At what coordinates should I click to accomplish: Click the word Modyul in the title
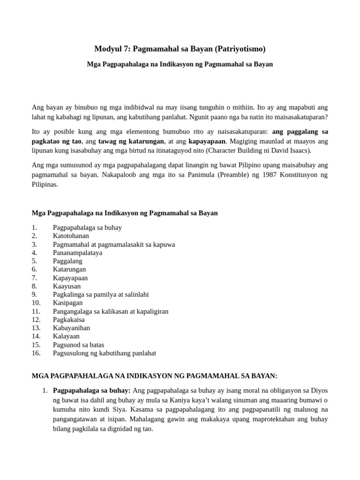pos(107,48)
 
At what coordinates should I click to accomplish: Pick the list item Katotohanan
pos(71,236)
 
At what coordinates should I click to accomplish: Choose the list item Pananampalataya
pos(77,253)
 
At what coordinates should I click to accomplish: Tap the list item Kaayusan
pos(67,286)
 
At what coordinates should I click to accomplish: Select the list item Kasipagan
pos(67,303)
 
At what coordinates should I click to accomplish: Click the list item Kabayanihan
pos(71,328)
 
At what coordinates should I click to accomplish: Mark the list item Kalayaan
pos(66,336)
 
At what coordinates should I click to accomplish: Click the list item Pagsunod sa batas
pos(78,345)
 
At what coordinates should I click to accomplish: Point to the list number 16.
pos(36,353)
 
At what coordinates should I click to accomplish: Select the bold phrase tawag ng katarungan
pos(131,141)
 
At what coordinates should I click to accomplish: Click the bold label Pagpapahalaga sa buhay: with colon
pos(92,390)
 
